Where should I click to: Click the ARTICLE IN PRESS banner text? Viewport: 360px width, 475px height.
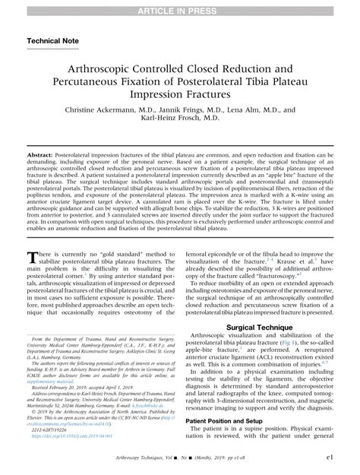point(180,7)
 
